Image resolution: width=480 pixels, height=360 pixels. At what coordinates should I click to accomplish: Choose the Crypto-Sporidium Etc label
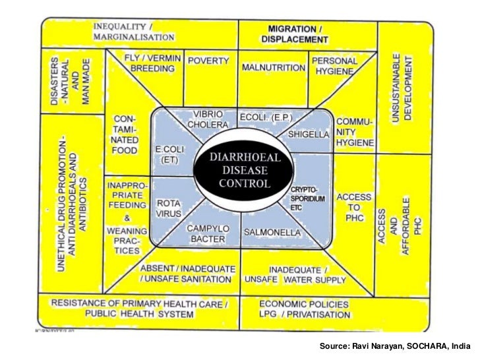[307, 197]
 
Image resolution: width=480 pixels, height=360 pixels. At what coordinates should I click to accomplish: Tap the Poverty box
[209, 61]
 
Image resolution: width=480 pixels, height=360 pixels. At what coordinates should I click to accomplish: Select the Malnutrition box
[272, 68]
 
